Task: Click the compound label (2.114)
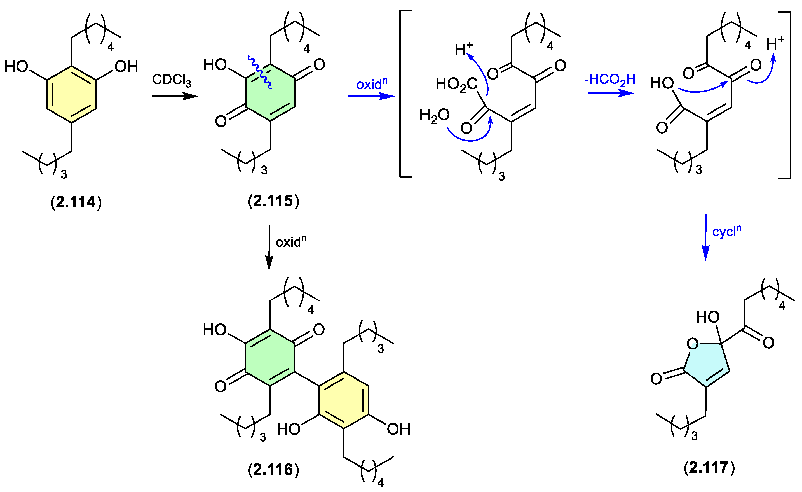[x=76, y=202]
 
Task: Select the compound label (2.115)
[x=273, y=201]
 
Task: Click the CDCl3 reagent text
[x=172, y=80]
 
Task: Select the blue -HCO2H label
[x=610, y=80]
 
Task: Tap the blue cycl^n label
[x=726, y=231]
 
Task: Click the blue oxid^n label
[x=372, y=84]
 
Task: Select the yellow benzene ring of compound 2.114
[x=72, y=94]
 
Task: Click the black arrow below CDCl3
[x=175, y=96]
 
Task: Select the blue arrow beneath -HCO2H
[x=611, y=94]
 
